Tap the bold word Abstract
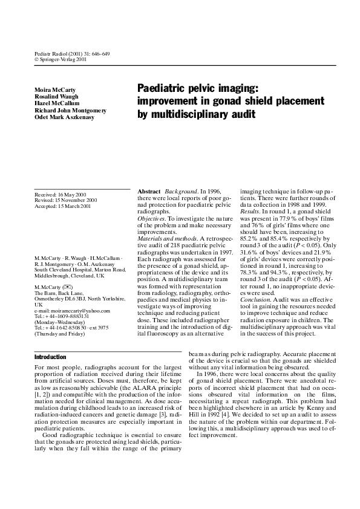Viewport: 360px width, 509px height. click(149, 190)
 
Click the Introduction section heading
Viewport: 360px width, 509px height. click(50, 357)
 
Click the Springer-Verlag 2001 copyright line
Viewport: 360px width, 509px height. click(62, 60)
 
